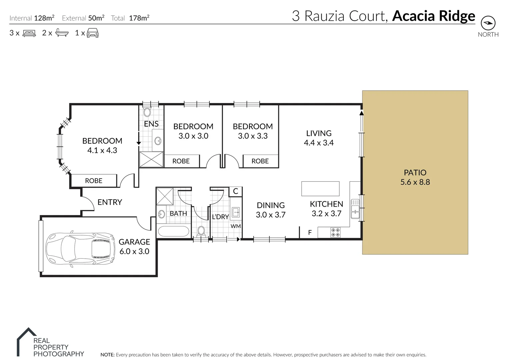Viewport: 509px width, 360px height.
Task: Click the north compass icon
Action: point(488,23)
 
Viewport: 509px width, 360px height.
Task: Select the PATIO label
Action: point(415,173)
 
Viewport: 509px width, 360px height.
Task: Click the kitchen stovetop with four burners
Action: point(335,232)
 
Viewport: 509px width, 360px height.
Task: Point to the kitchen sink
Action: point(355,209)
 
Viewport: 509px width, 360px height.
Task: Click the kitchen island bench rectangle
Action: point(320,189)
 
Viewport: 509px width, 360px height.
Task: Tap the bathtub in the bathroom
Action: point(173,231)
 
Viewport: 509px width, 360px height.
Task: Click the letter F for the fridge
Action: point(310,233)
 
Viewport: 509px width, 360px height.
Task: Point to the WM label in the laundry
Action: point(236,226)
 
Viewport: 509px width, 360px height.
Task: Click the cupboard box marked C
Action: point(236,191)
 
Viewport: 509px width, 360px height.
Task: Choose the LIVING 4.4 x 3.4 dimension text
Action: point(319,143)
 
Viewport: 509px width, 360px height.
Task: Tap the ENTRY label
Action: point(110,202)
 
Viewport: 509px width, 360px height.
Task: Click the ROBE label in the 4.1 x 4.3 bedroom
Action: point(94,181)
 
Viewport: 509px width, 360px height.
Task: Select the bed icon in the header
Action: point(29,33)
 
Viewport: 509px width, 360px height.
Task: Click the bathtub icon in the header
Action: point(62,33)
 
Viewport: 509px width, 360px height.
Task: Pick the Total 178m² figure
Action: point(139,18)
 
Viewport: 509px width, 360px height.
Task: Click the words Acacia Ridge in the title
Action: point(434,16)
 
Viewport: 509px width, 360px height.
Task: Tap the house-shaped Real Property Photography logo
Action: point(27,341)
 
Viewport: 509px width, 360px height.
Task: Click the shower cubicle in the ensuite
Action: point(151,159)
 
